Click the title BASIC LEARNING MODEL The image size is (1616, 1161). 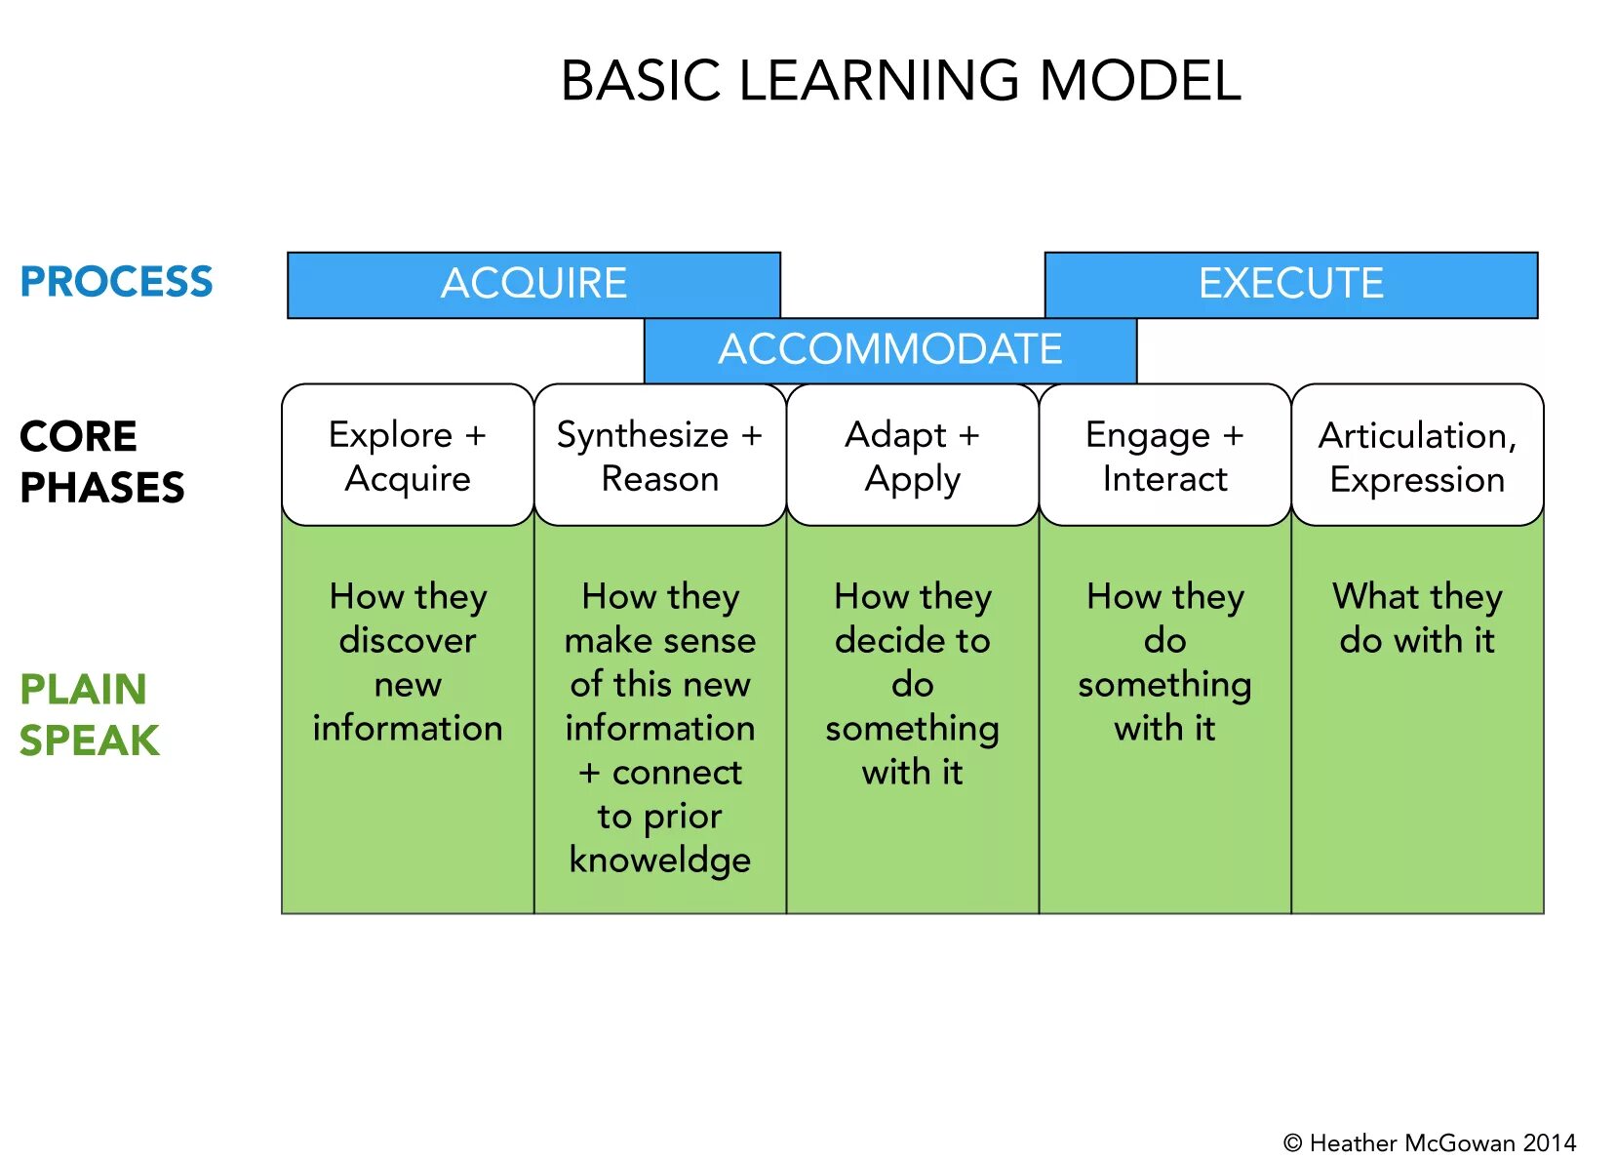(x=900, y=80)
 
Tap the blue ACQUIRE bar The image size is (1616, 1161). (x=533, y=284)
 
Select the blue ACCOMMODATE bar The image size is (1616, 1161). (x=889, y=349)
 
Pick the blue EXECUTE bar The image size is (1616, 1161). (x=1290, y=284)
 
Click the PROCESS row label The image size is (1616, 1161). (x=116, y=282)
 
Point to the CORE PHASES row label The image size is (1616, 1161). (x=101, y=461)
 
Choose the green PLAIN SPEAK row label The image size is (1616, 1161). (x=89, y=714)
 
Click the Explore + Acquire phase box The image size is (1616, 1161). (x=408, y=456)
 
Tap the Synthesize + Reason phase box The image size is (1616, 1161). (x=659, y=456)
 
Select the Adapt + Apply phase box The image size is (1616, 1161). (x=912, y=456)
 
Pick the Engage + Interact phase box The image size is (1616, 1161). (x=1164, y=456)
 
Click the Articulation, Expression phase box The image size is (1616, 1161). (x=1417, y=456)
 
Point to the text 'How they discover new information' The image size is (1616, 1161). (x=408, y=661)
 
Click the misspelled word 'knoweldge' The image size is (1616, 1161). (x=659, y=860)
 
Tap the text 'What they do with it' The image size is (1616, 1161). (x=1417, y=618)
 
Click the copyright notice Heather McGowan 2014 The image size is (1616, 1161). (x=1430, y=1142)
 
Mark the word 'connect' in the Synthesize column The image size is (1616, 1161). (x=677, y=772)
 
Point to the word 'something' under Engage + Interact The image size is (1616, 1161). (x=1164, y=685)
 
